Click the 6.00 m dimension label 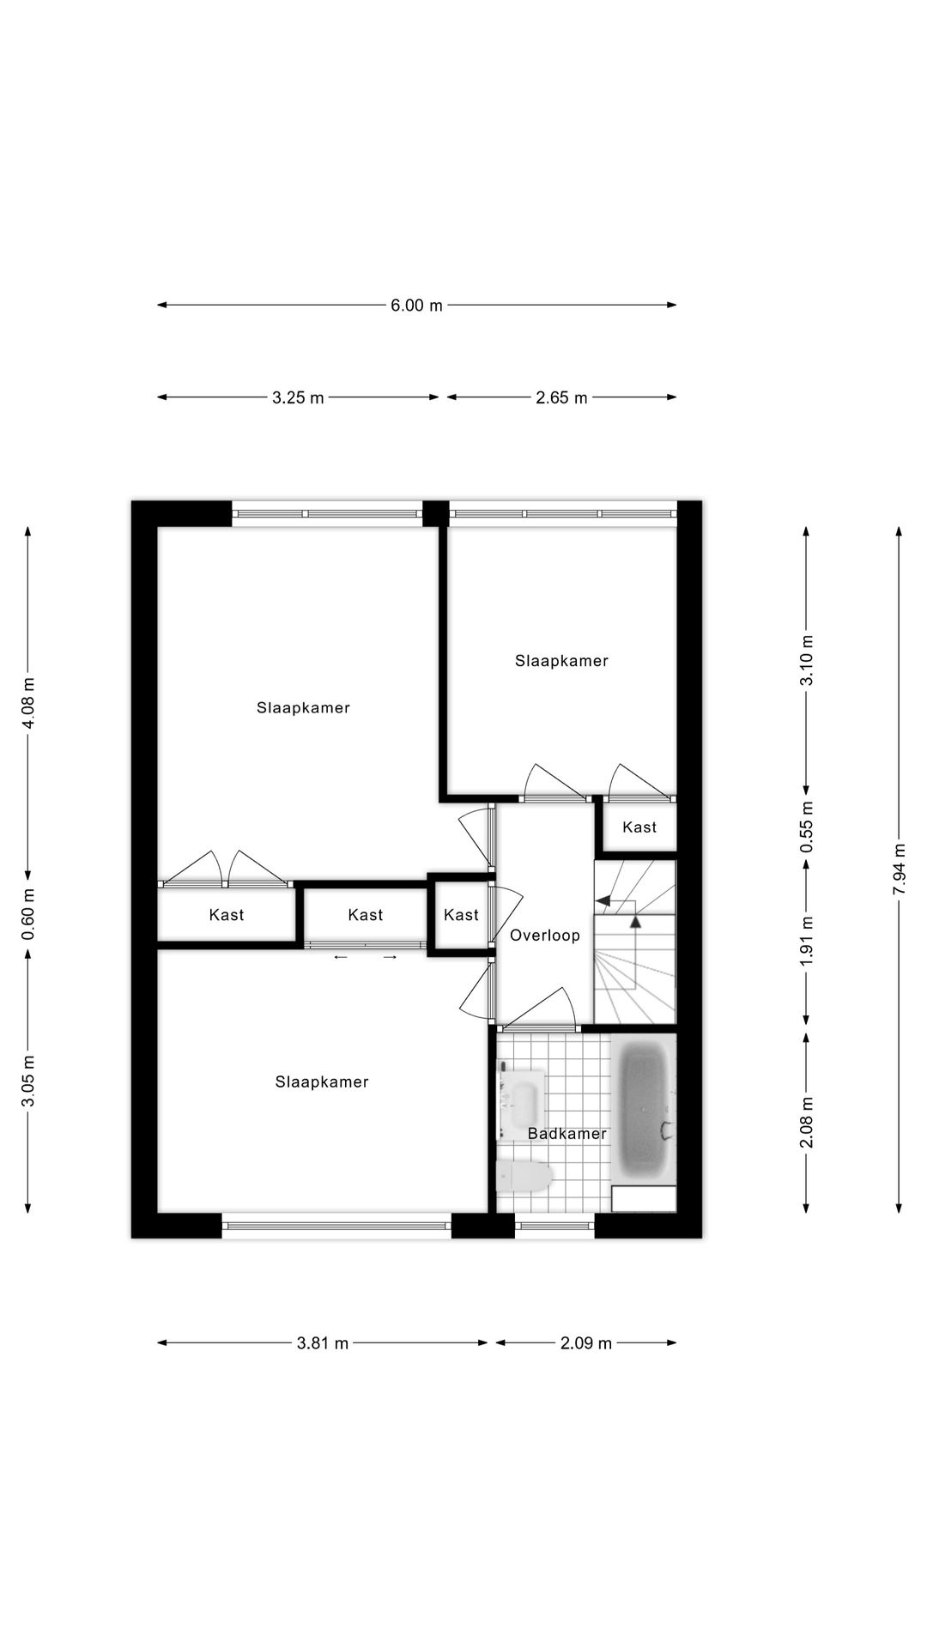point(416,305)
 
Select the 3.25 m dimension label point(298,397)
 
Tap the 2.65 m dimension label point(561,397)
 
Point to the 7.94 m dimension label point(899,869)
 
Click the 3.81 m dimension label point(322,1343)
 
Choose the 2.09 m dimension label point(585,1343)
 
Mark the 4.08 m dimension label point(28,703)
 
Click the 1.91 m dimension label point(806,942)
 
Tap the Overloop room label point(545,936)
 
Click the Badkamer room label point(566,1134)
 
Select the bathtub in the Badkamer point(643,1110)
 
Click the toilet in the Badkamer point(524,1176)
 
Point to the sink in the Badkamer point(522,1103)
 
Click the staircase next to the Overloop point(635,944)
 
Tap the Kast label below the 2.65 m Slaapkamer point(639,827)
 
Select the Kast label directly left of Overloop point(461,915)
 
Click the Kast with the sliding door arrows point(366,916)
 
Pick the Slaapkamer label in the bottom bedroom point(322,1082)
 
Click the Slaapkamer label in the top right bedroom point(561,661)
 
